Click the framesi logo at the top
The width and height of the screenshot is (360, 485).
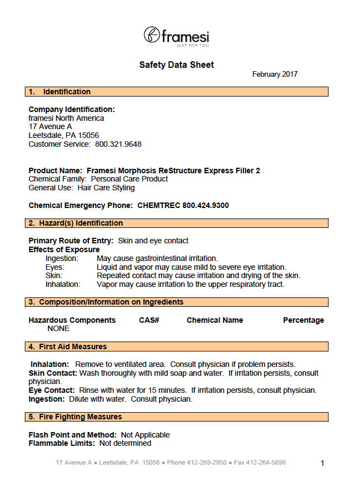176,36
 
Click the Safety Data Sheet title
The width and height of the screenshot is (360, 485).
176,65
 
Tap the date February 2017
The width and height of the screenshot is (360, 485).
274,74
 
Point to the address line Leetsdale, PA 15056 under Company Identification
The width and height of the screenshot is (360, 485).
63,135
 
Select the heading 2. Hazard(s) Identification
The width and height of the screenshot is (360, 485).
76,223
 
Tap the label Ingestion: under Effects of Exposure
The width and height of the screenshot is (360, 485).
62,258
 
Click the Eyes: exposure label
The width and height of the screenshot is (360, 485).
55,267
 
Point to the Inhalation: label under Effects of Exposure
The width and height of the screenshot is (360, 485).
63,285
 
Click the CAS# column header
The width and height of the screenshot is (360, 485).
149,320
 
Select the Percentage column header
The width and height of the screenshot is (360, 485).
303,320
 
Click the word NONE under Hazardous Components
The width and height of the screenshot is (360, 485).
59,328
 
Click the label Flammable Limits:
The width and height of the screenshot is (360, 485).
62,443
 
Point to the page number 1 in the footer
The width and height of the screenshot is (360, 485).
322,463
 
